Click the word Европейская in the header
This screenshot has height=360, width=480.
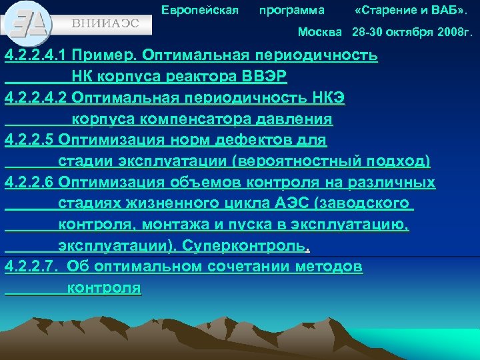200,11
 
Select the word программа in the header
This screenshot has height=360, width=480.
292,11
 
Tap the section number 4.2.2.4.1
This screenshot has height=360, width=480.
36,55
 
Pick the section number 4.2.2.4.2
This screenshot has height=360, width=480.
36,98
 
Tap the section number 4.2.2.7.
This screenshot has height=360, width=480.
31,267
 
